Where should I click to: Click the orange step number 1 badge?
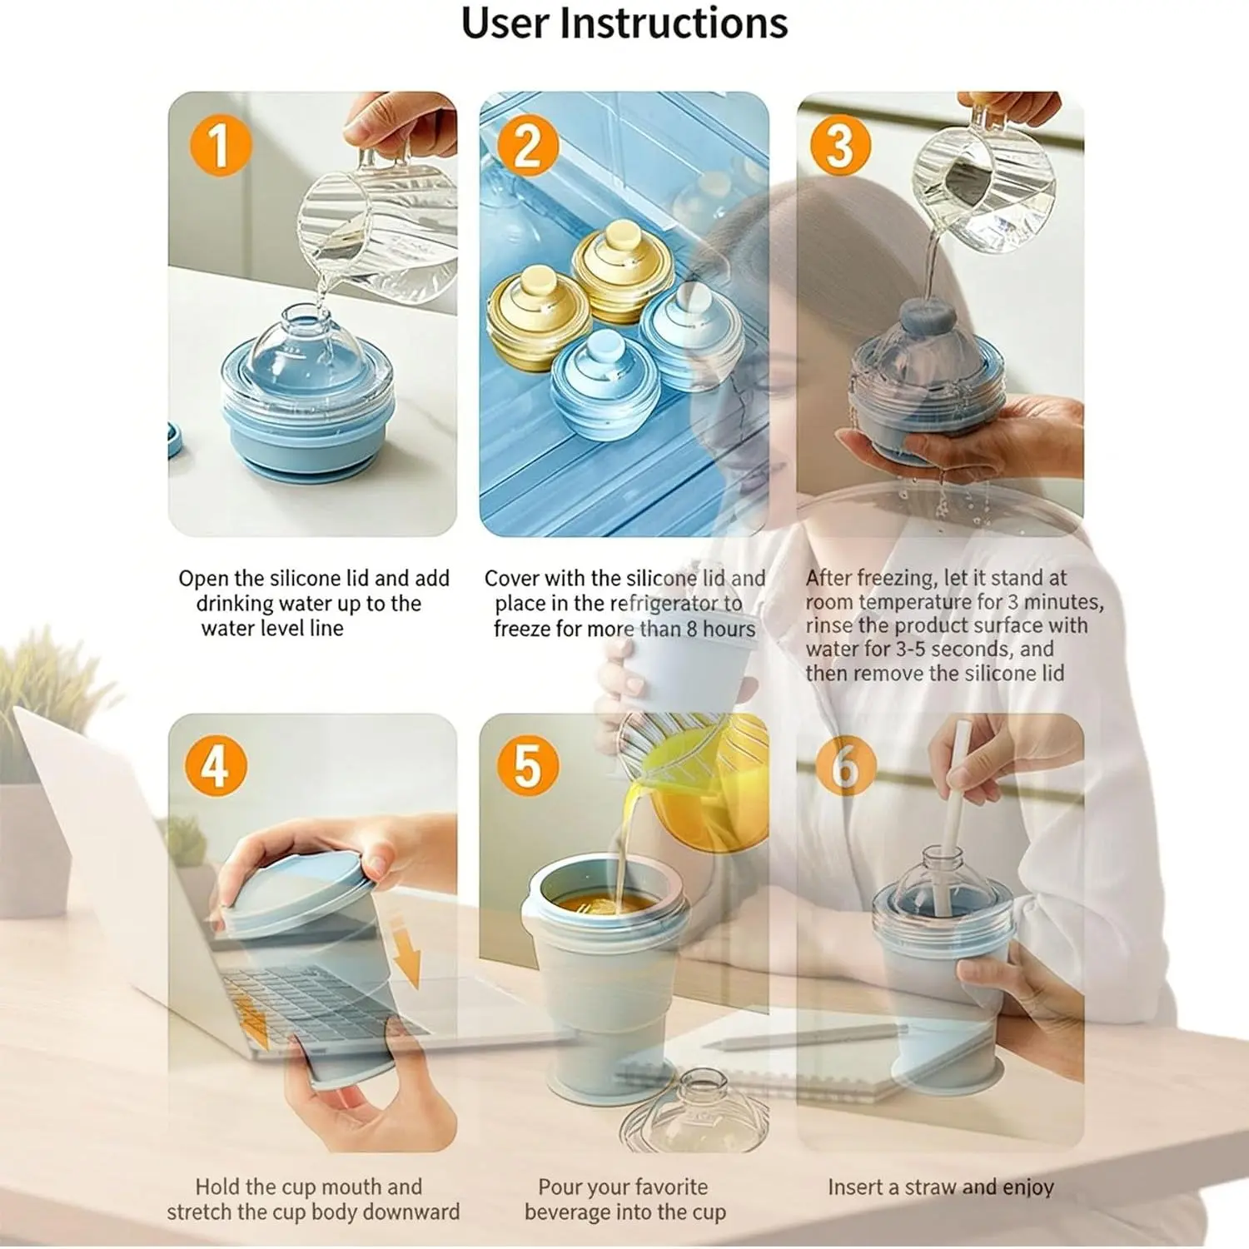click(x=221, y=145)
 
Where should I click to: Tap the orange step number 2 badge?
click(x=528, y=145)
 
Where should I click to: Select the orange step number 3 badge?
click(x=840, y=145)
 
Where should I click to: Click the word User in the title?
click(x=505, y=22)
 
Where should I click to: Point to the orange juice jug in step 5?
click(x=695, y=787)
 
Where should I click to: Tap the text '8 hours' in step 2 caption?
click(x=721, y=629)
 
